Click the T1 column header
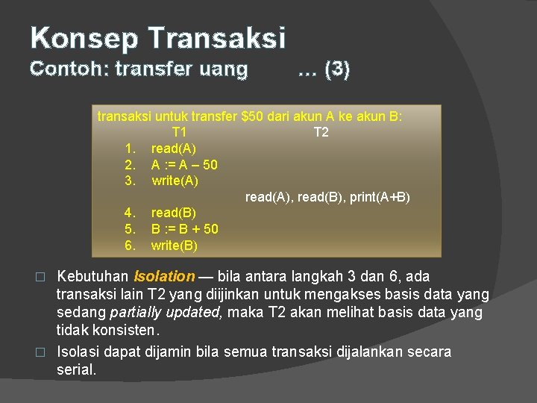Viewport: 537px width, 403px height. click(179, 132)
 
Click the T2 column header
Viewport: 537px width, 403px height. click(321, 132)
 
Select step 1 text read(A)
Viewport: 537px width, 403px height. click(174, 149)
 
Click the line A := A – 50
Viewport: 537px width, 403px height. click(184, 164)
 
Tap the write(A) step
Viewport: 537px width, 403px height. click(175, 181)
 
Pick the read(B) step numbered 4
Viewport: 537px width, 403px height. click(174, 213)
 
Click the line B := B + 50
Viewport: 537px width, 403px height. click(185, 229)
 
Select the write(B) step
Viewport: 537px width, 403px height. click(175, 246)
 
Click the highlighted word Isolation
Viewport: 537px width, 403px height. click(164, 277)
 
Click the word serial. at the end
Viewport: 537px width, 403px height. click(76, 369)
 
